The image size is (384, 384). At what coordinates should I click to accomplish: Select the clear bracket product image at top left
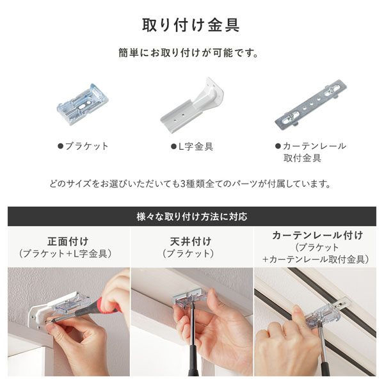point(81,102)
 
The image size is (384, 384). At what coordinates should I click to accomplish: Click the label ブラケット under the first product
point(87,147)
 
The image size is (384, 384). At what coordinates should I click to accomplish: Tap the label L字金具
point(195,147)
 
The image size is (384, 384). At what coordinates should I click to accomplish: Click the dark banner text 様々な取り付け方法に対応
point(191,216)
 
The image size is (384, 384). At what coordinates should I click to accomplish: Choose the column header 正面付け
point(66,241)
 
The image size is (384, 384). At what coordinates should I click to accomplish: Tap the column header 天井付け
point(192,241)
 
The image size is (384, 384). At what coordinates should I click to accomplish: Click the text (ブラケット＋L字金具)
point(66,254)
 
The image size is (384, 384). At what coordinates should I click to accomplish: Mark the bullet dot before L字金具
point(173,147)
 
